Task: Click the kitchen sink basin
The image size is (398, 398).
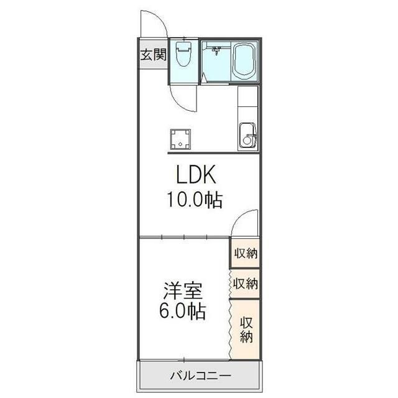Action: (x=248, y=135)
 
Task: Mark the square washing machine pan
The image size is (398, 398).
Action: (x=181, y=139)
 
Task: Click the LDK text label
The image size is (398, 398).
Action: (x=196, y=176)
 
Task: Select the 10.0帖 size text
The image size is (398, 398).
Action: (x=193, y=200)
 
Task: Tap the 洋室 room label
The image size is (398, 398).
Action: (x=182, y=290)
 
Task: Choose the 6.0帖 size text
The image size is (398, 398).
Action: (x=182, y=311)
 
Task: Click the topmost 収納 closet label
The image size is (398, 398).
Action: (x=246, y=254)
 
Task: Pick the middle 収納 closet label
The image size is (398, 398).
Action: (x=246, y=284)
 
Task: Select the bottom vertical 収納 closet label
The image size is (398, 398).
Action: (x=246, y=330)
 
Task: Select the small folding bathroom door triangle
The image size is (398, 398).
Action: (x=203, y=78)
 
